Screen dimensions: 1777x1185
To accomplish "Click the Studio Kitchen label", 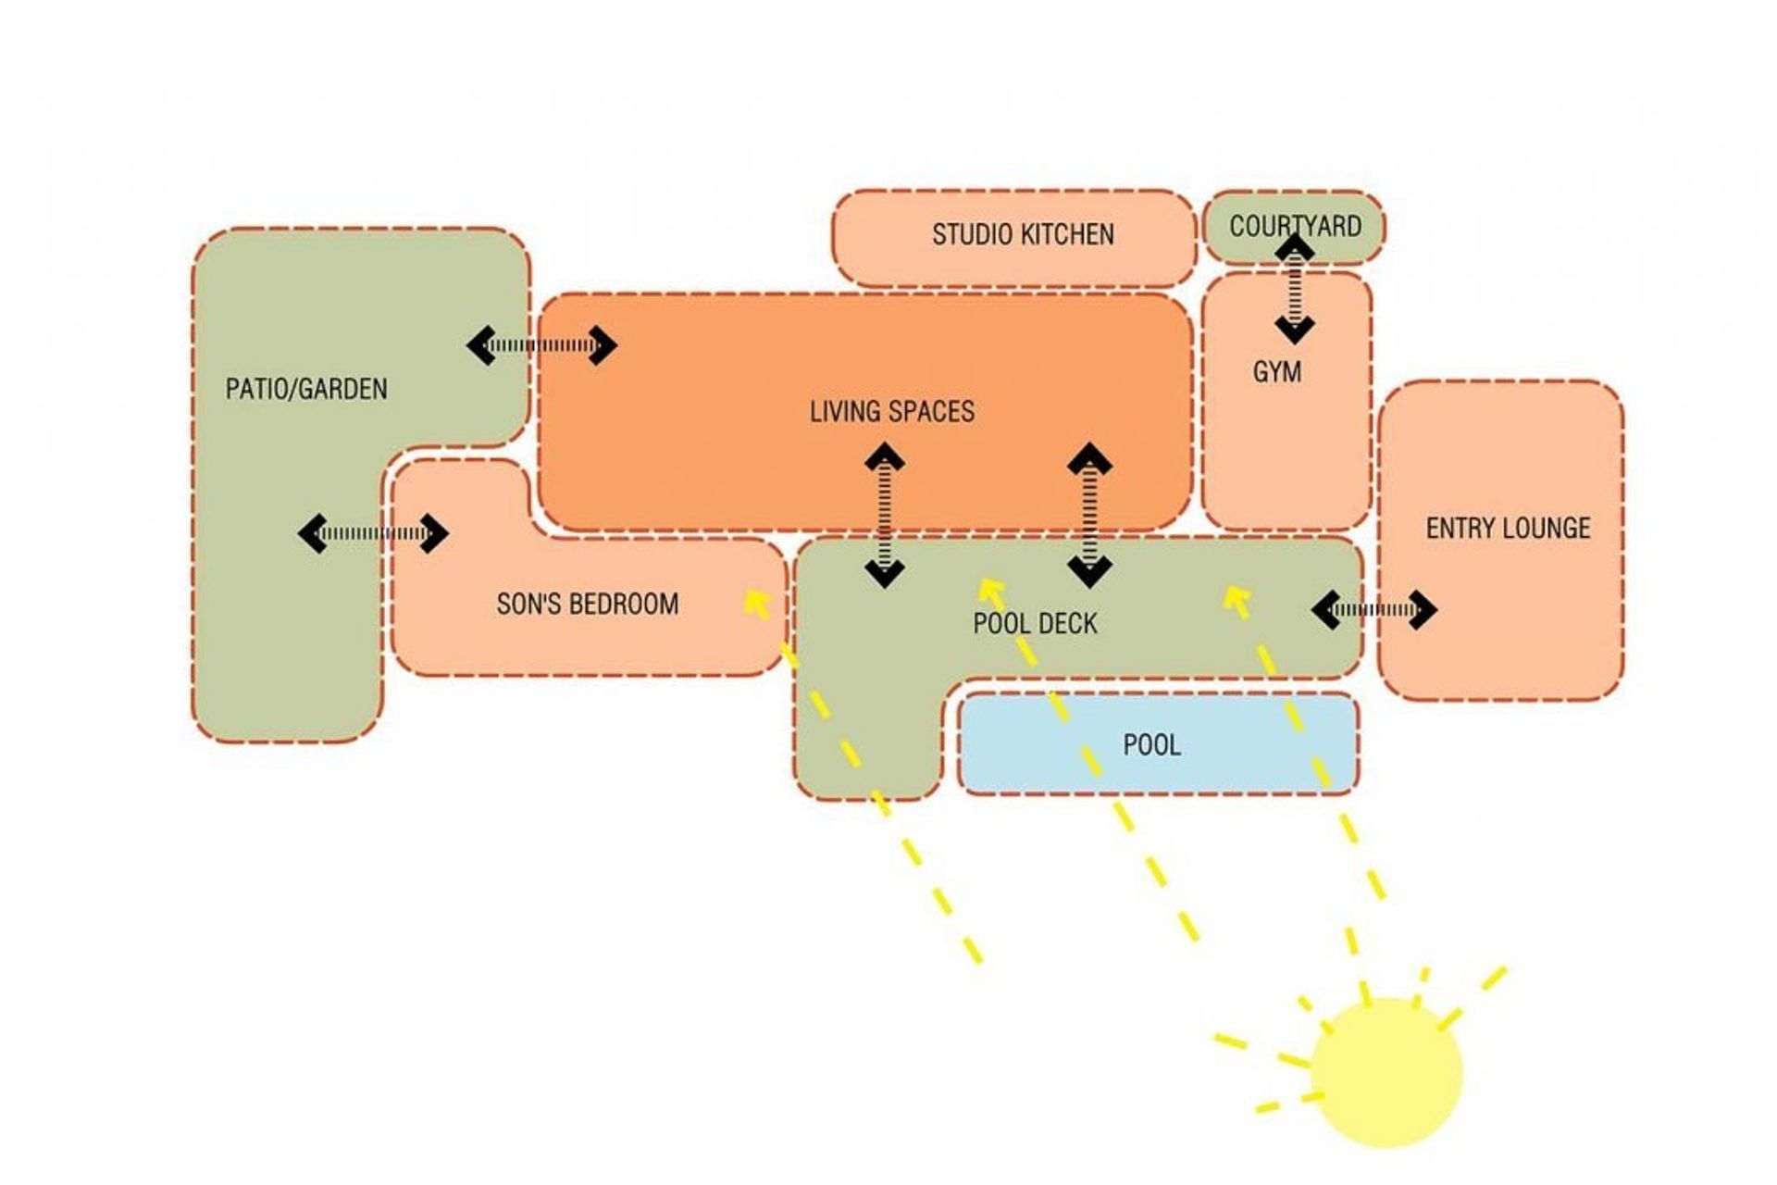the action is pos(1023,235).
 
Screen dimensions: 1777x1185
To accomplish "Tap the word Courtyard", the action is pos(1295,226).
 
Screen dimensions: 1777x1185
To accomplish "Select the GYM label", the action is pos(1277,372).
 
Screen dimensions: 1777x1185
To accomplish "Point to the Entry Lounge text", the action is pos(1508,529).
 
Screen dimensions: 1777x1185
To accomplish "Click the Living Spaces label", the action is pos(892,412).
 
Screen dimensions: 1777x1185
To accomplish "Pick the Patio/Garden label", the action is pos(306,389).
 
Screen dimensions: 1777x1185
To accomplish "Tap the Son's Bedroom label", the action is pos(588,605).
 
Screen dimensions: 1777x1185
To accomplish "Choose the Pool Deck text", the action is pos(1035,623).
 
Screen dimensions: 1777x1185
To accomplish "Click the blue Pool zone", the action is pos(1158,743).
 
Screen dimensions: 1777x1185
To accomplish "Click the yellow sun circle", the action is pos(1386,1073).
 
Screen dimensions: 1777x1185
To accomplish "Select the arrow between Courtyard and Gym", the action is pos(1294,290).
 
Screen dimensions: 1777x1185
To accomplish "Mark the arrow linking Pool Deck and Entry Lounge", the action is pos(1374,609).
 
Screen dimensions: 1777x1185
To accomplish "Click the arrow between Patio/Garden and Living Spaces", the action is pos(541,346).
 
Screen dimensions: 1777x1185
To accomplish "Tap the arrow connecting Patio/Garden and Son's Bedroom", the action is pos(373,533).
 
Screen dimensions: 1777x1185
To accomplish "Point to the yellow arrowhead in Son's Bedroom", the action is pos(757,605).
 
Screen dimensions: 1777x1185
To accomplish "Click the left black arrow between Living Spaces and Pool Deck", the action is pos(885,515).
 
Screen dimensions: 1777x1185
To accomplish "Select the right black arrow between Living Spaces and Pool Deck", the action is pos(1089,515).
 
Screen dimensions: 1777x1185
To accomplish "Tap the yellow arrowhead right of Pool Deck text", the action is pos(1237,599).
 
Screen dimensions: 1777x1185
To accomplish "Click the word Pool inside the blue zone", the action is pos(1151,745).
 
